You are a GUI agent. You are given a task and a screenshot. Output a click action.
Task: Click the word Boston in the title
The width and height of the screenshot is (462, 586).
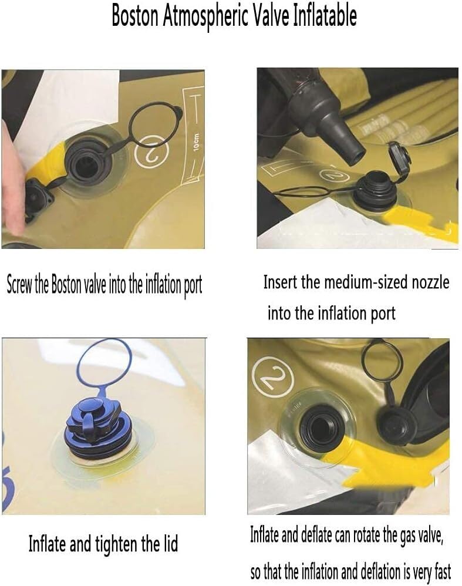(x=135, y=16)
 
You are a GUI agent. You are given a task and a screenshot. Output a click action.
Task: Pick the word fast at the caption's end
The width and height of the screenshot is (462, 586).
(x=442, y=571)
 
